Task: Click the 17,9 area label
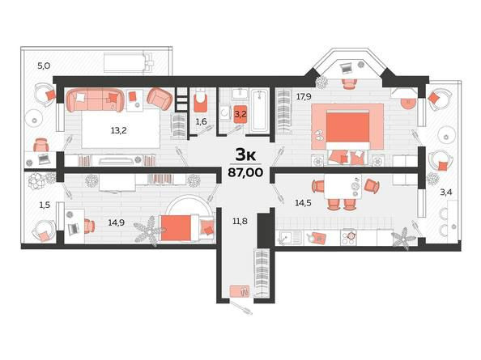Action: [304, 97]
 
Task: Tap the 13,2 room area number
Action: [119, 131]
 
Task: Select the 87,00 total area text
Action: [245, 172]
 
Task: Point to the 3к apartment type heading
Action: [245, 155]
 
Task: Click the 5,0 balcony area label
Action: [44, 66]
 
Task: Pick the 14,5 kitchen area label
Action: [303, 202]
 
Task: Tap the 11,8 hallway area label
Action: [240, 221]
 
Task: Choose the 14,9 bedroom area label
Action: [117, 222]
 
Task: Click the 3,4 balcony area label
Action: [446, 193]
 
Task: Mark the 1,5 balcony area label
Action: [45, 205]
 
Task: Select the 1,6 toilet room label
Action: [202, 121]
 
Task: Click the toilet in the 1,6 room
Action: [201, 100]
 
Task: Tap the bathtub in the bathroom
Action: [259, 111]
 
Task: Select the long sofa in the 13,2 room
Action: [95, 100]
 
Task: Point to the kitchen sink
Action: [288, 238]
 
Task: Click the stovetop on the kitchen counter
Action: [348, 237]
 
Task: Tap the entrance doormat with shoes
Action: [240, 291]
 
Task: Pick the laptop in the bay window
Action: [347, 68]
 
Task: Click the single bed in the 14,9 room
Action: [187, 228]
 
